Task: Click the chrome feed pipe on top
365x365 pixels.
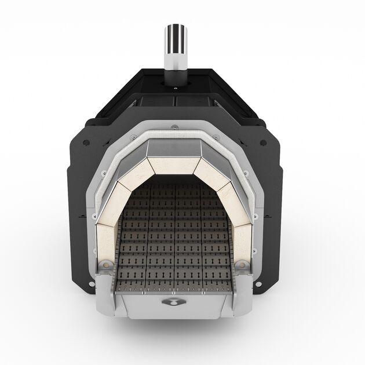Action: point(174,46)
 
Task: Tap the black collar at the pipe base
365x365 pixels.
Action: point(174,76)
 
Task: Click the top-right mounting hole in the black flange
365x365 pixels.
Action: point(262,142)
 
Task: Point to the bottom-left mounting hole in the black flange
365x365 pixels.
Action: point(91,284)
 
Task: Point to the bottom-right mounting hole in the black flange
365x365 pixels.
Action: point(257,284)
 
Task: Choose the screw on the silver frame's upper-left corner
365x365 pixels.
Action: point(133,137)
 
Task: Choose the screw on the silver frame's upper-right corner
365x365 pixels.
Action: point(216,137)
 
